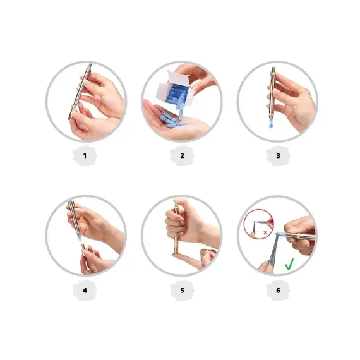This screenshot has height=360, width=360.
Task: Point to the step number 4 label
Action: click(x=85, y=290)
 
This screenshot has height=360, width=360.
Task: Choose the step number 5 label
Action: click(x=181, y=290)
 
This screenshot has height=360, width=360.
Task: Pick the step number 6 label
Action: click(x=277, y=290)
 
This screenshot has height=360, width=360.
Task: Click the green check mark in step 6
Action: click(x=289, y=264)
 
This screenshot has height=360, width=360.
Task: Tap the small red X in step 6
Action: click(x=264, y=232)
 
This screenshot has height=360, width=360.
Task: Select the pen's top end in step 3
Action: click(x=274, y=69)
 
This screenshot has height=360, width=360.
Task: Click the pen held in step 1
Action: click(x=81, y=92)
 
